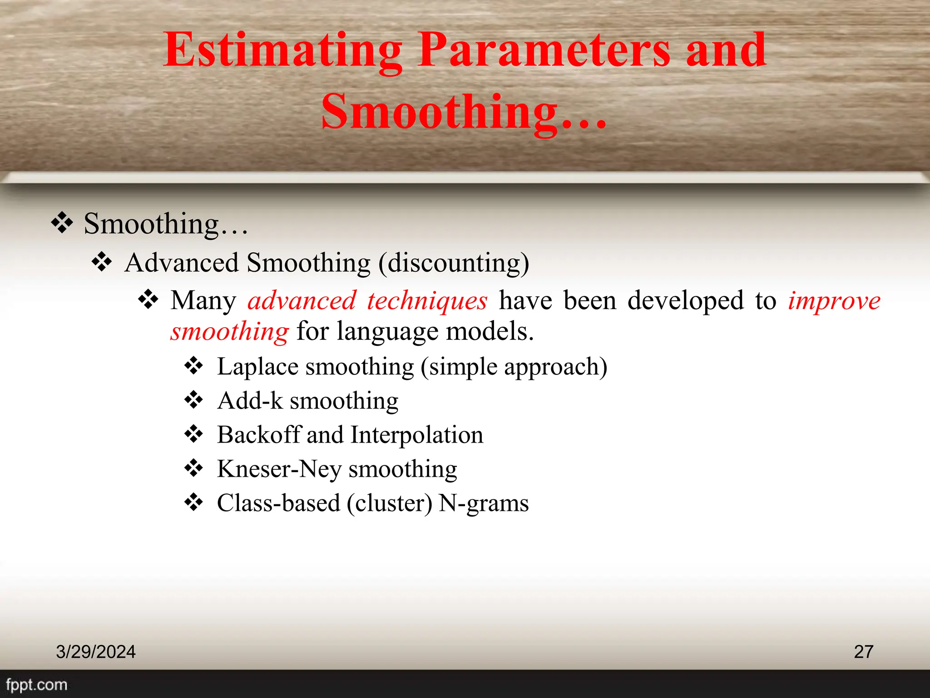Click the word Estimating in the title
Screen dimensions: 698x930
(282, 51)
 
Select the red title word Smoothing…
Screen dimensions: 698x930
(463, 112)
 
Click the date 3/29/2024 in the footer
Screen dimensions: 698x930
(96, 652)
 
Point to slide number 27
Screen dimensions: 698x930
(863, 652)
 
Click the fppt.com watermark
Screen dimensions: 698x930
(36, 685)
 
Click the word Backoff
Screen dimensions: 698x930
(259, 435)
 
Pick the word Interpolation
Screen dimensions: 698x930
(417, 435)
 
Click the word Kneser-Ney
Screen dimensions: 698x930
(279, 469)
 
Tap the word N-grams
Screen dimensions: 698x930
(484, 504)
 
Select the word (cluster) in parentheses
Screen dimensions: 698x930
(389, 504)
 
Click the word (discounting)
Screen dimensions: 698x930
(454, 264)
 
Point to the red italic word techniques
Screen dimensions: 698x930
(427, 301)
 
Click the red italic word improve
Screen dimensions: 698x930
(834, 301)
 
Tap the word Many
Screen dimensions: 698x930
(203, 301)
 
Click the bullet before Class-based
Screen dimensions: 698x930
(194, 502)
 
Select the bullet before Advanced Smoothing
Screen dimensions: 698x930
(102, 262)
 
